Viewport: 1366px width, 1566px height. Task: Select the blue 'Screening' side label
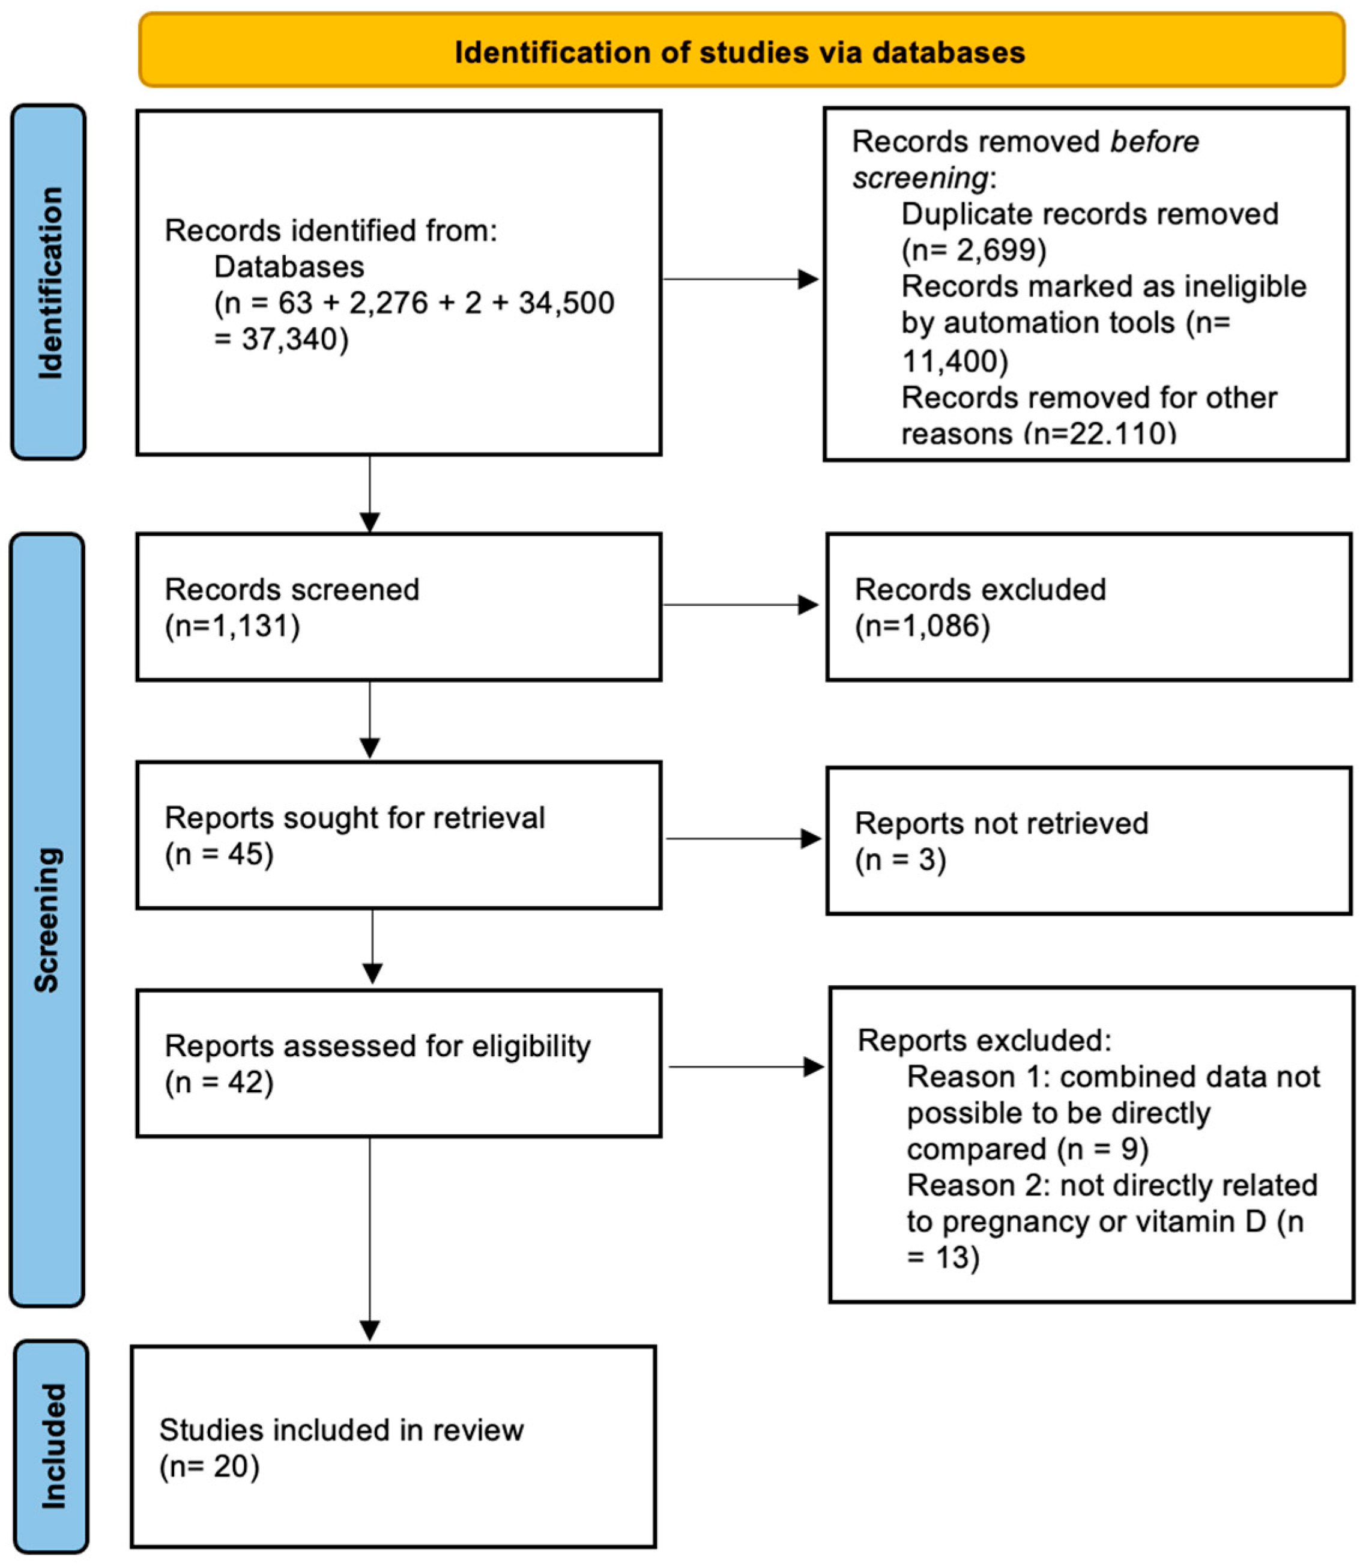click(47, 919)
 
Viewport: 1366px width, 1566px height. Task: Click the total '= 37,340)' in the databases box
click(280, 339)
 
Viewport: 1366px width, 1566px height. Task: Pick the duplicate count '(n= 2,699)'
click(973, 250)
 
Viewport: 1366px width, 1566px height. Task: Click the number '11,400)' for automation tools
click(954, 361)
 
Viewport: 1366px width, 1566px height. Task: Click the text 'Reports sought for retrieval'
click(354, 818)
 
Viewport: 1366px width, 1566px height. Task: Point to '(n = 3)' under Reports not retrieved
click(900, 860)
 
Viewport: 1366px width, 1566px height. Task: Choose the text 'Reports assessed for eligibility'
click(377, 1046)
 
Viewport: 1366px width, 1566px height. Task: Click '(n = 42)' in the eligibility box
click(219, 1083)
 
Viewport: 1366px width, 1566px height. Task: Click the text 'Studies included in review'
click(340, 1430)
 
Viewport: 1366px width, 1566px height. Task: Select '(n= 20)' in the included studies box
click(209, 1466)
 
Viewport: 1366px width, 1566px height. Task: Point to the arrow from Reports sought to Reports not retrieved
click(743, 839)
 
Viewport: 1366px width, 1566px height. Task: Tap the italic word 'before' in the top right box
click(1154, 142)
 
